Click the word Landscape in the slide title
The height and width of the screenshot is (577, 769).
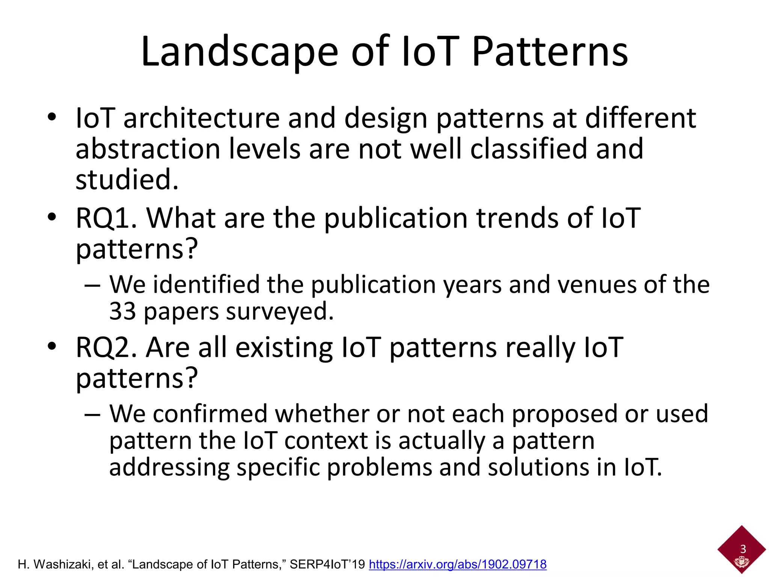click(x=240, y=53)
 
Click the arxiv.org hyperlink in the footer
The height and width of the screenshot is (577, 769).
click(x=457, y=564)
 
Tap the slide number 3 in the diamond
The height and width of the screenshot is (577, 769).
click(x=743, y=549)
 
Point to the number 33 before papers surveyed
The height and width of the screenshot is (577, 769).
click(x=122, y=311)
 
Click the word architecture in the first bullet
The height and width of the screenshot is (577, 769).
click(x=201, y=118)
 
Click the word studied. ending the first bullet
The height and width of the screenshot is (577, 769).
click(x=127, y=180)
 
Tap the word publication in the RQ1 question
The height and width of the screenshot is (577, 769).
click(x=395, y=219)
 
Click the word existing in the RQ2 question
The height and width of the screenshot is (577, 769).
click(x=284, y=347)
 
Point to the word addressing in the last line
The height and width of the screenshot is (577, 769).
click(x=169, y=468)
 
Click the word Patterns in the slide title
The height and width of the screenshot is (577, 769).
click(x=550, y=53)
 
